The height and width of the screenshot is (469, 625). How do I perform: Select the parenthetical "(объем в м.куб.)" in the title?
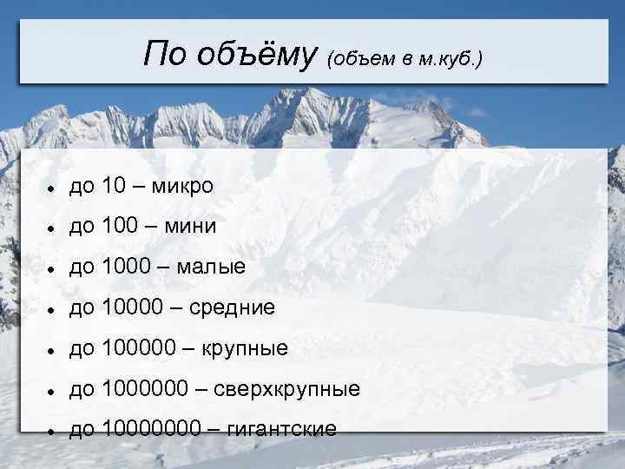[405, 60]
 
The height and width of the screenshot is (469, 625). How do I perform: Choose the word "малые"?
[211, 268]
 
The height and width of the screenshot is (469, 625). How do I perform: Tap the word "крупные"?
[245, 349]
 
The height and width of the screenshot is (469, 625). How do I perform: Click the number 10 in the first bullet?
[114, 187]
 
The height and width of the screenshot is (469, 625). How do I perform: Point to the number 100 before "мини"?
[120, 228]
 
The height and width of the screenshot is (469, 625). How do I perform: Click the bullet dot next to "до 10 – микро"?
[53, 188]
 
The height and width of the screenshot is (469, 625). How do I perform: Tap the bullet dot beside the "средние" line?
[53, 310]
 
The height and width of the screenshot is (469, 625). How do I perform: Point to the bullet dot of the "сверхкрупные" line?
[53, 391]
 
